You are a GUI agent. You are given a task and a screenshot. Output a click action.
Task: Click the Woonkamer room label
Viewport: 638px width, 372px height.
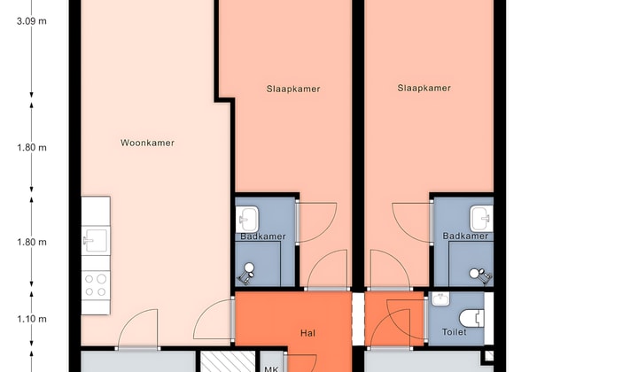point(147,142)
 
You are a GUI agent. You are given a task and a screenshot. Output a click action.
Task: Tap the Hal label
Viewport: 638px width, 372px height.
point(308,334)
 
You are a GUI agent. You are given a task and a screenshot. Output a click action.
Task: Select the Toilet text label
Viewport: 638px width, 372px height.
point(453,332)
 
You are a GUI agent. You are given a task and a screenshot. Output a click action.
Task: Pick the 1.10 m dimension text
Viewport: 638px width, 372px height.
point(31,319)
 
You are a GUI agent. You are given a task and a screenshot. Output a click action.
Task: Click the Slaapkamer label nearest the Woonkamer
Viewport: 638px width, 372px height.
point(292,89)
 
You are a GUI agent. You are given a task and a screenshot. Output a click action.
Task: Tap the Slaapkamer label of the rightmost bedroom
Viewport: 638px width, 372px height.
point(424,88)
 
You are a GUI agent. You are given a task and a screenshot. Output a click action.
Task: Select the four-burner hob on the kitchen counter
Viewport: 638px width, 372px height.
point(95,284)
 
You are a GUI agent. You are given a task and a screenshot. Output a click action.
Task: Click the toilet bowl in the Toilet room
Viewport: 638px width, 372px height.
point(472,316)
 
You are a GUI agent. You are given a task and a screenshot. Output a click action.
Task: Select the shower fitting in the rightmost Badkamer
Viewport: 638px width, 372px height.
point(479,274)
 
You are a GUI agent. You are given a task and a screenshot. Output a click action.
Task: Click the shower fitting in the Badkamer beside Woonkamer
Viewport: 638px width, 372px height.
point(249,269)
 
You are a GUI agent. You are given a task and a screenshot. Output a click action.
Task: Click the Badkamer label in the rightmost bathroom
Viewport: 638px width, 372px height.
point(465,236)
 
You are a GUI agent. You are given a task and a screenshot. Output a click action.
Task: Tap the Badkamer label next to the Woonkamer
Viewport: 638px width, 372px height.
point(261,236)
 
